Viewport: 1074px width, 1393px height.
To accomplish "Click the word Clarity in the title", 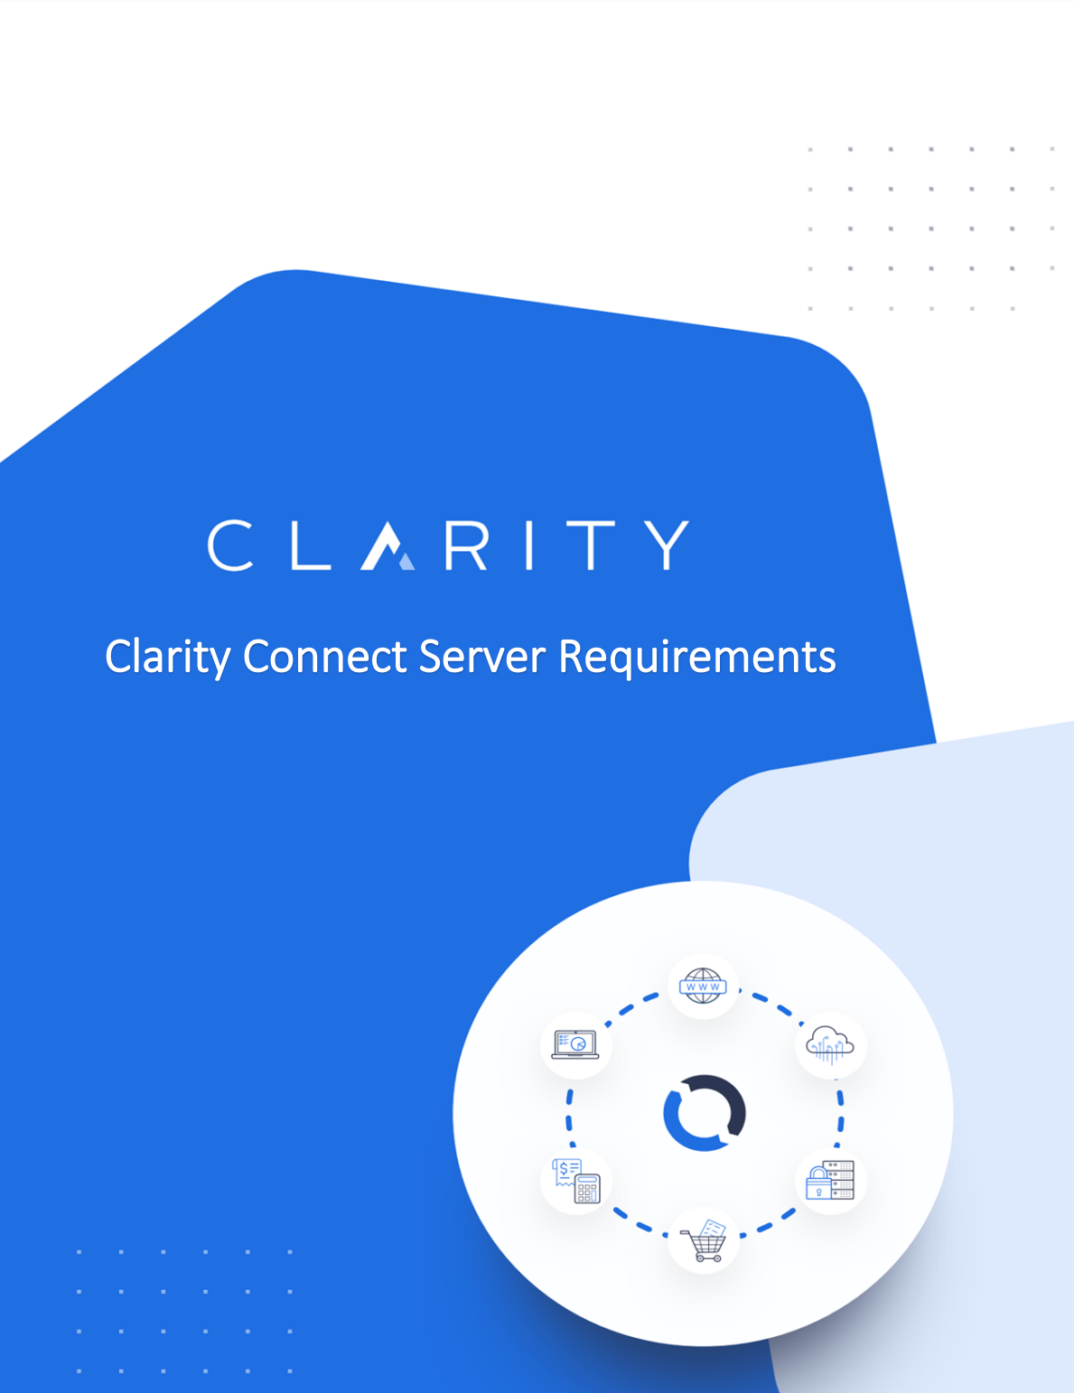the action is pos(168,657).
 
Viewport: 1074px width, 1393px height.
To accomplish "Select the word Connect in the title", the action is pos(325,657).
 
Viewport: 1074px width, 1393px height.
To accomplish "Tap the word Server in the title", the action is pos(481,657).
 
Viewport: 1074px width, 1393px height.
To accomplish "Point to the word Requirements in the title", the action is pos(697,657).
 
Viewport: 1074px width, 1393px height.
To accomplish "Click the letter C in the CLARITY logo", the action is pos(230,545).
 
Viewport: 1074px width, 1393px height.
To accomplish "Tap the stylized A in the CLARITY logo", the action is pos(387,546).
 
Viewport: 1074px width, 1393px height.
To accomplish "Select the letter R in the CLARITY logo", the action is pos(466,545).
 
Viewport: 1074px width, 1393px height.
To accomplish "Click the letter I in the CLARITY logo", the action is pos(529,545).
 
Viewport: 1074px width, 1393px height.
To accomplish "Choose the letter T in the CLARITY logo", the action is pos(593,545).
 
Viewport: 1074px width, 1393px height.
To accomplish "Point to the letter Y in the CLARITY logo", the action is pos(667,545).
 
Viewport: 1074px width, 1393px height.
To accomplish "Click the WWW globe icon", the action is pos(703,986).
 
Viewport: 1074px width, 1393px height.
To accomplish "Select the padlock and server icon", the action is pos(830,1180).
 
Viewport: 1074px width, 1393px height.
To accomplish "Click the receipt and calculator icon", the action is pos(576,1181).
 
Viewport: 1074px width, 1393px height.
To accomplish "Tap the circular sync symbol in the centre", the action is pos(705,1112).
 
